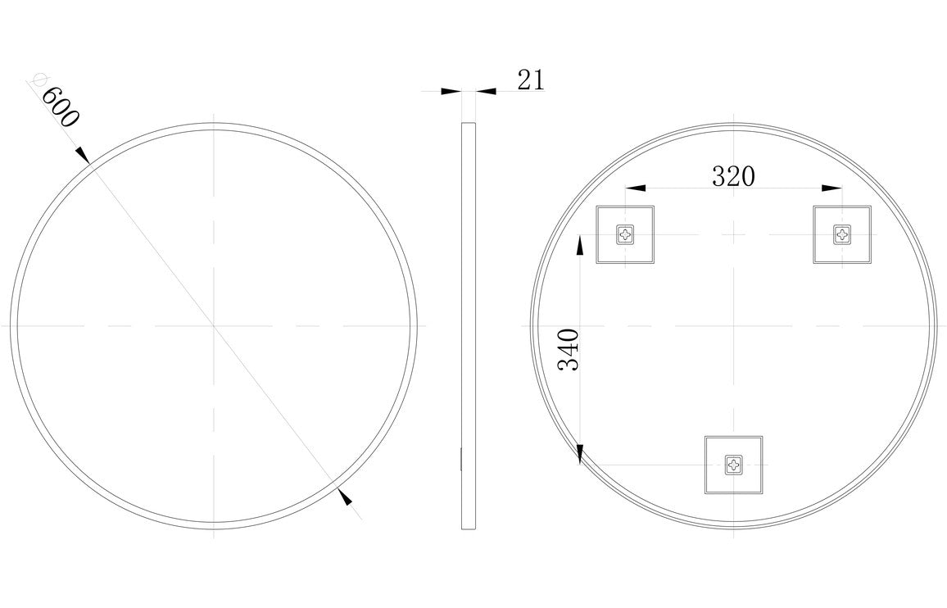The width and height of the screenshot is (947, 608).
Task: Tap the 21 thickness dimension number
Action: pos(531,80)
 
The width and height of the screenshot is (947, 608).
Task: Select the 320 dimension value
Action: pos(732,176)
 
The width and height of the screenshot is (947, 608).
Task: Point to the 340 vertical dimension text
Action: pos(569,349)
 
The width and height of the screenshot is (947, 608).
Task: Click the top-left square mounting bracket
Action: pos(627,234)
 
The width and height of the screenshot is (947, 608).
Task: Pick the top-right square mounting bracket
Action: pos(843,234)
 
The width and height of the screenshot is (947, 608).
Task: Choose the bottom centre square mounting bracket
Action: pos(734,465)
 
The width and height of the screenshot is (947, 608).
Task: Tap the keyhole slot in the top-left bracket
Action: pos(627,235)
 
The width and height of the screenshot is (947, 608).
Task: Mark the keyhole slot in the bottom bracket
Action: pos(734,466)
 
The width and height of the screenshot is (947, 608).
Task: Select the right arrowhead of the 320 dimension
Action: pos(832,188)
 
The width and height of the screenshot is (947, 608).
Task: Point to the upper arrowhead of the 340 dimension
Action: pos(580,244)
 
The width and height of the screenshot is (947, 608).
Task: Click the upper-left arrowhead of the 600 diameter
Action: pos(82,153)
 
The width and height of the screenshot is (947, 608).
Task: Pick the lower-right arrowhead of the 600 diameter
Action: pos(345,496)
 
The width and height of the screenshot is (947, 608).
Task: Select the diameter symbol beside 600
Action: pos(35,79)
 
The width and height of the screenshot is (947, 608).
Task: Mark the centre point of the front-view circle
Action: pos(214,326)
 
